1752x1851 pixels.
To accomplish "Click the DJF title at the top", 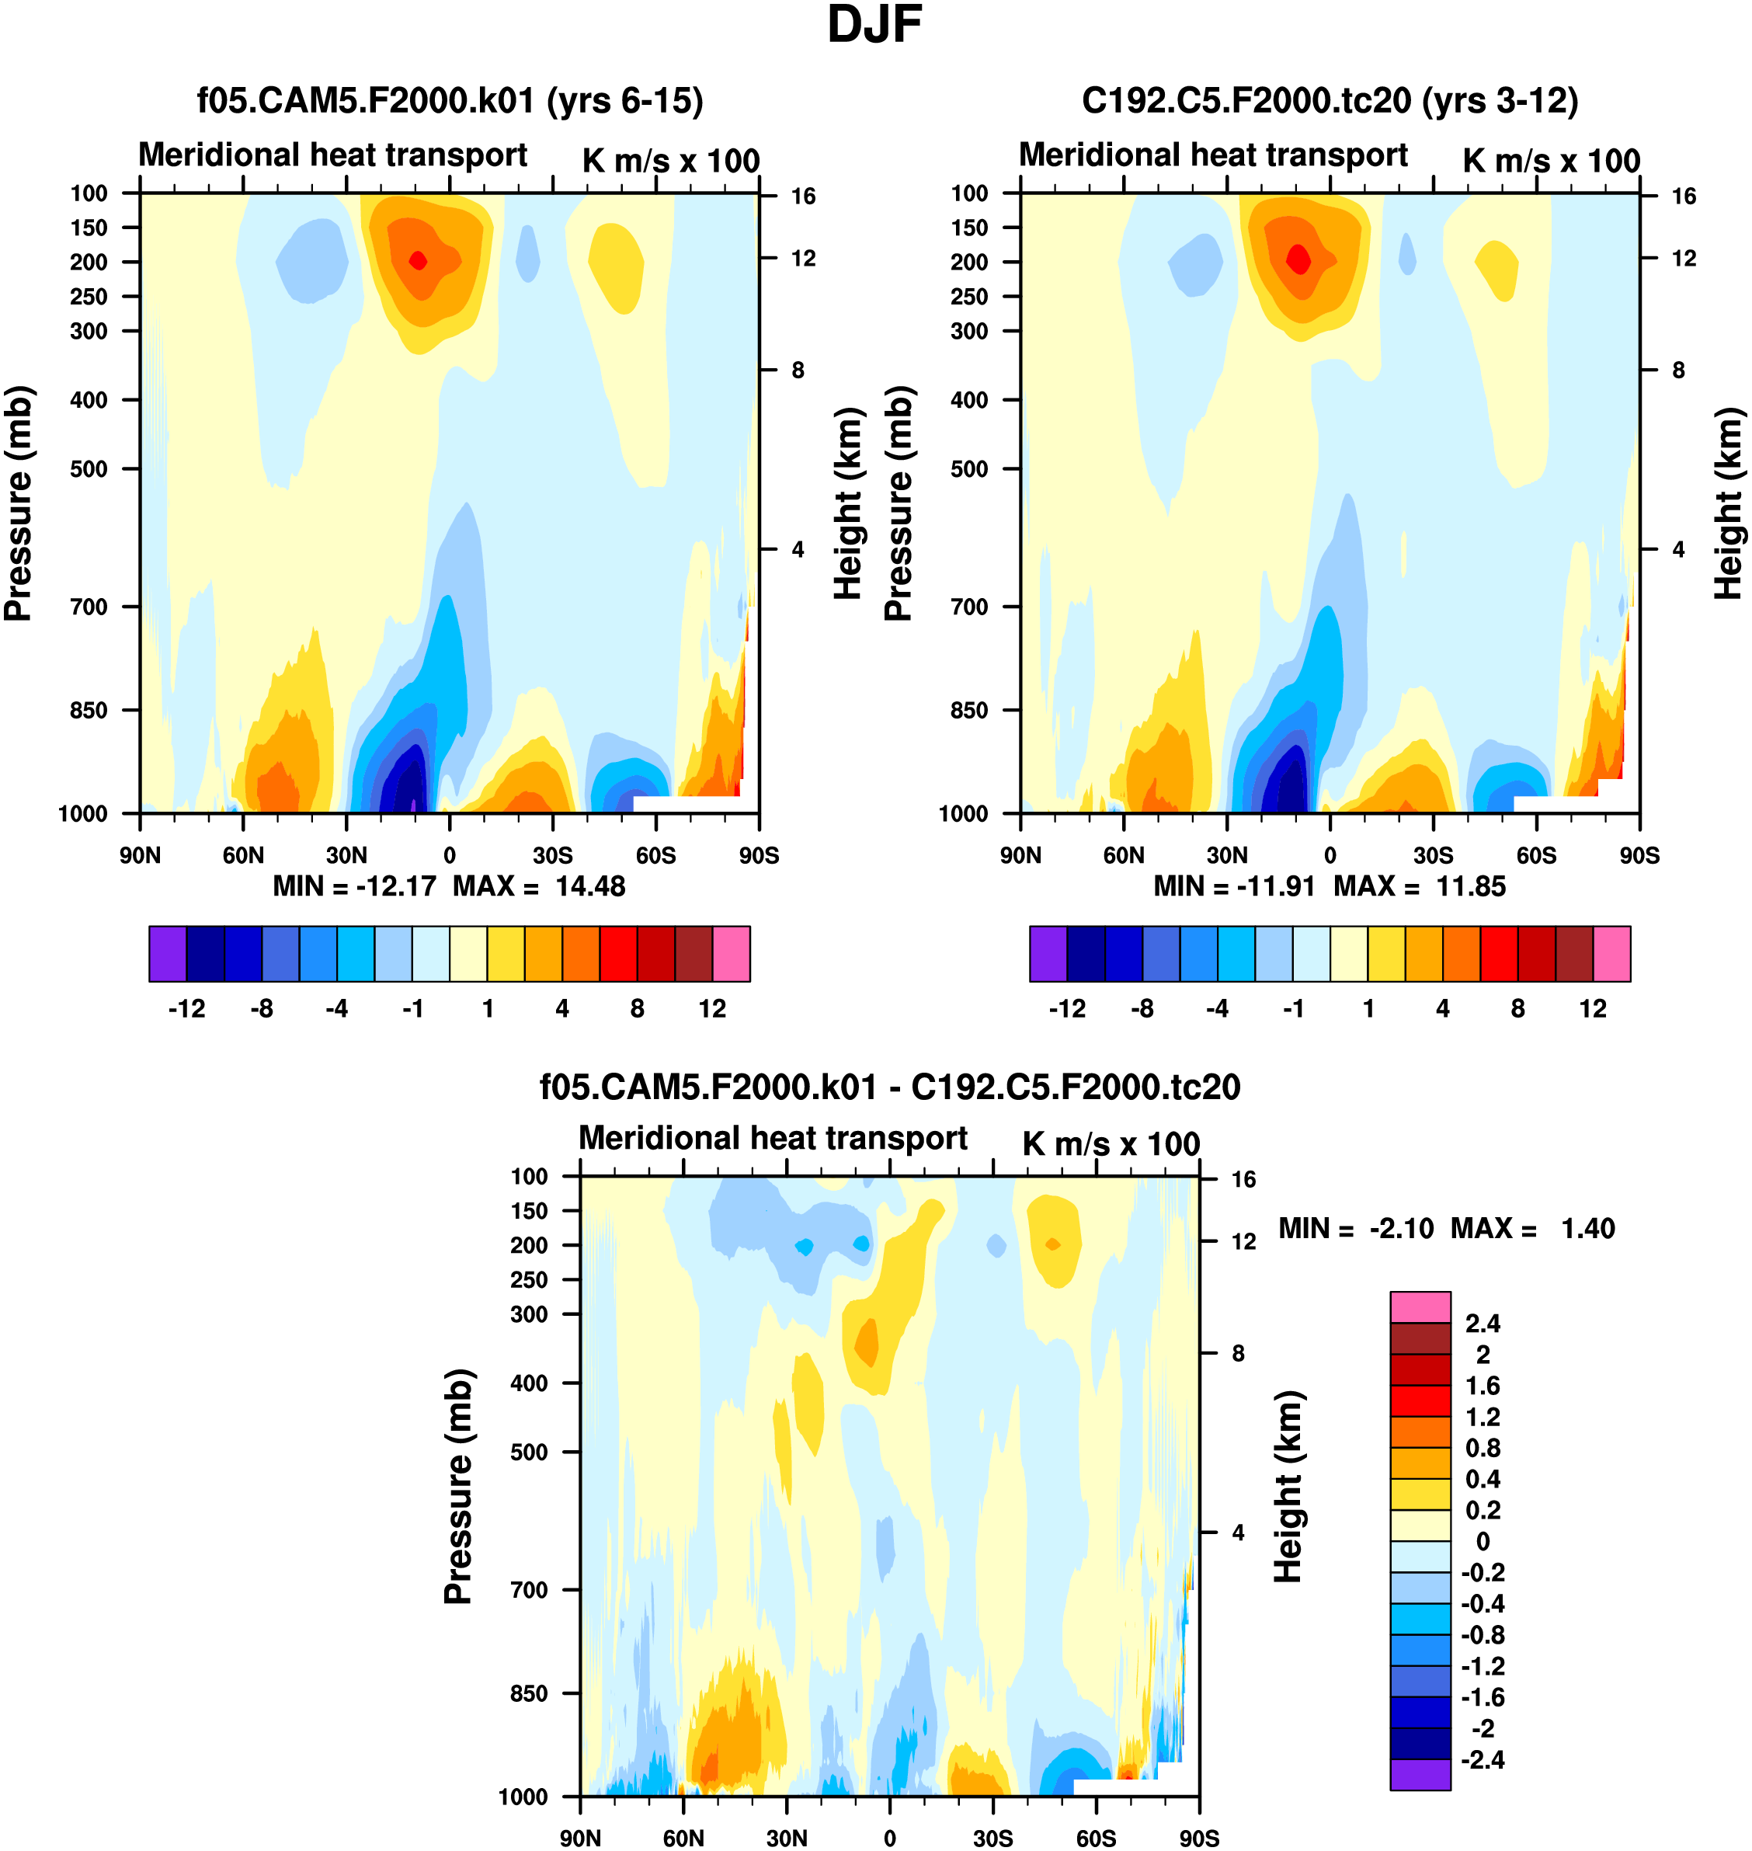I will (x=874, y=25).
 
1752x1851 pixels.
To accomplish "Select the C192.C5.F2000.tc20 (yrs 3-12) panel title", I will (x=1329, y=100).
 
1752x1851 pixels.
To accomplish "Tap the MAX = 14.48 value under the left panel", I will (x=539, y=885).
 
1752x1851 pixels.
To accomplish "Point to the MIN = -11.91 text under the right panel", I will (x=1234, y=885).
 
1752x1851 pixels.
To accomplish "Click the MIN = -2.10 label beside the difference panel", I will (x=1355, y=1228).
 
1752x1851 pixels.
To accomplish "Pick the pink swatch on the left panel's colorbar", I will (x=732, y=954).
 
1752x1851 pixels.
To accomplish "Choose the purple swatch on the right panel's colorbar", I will (x=1048, y=954).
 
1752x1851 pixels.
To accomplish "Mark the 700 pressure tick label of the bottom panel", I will (x=529, y=1589).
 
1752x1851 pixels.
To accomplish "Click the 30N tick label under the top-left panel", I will (x=346, y=855).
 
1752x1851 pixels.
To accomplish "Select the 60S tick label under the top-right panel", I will (x=1536, y=855).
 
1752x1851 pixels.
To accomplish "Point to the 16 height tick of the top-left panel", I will (x=803, y=196).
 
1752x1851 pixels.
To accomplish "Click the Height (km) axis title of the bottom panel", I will (x=1289, y=1486).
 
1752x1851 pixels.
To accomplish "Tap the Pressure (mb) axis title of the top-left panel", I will (x=19, y=503).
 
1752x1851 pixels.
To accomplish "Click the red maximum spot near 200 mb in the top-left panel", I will (x=419, y=260).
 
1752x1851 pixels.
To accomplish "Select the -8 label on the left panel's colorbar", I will (x=262, y=1009).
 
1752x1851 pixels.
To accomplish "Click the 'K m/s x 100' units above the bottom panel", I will (x=1111, y=1144).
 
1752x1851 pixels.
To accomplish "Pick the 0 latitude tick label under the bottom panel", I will (x=890, y=1838).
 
